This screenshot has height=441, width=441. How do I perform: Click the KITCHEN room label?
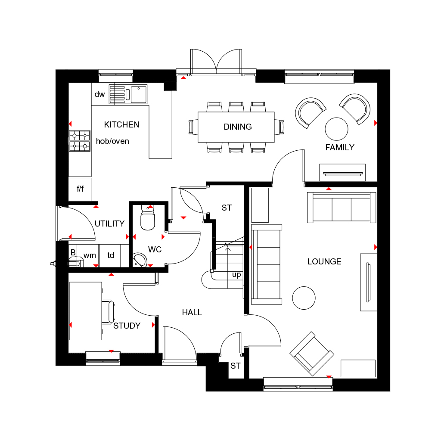(121, 125)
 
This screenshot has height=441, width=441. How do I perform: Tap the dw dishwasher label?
(99, 94)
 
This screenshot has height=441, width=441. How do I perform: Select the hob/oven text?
(112, 141)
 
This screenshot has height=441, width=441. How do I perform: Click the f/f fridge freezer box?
(80, 189)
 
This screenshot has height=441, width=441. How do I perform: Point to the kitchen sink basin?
(139, 94)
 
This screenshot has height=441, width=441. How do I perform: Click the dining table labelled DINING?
(236, 127)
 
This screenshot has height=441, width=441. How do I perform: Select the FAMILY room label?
(339, 148)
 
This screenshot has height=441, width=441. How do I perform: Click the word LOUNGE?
(324, 262)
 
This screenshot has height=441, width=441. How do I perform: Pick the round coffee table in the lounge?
(304, 298)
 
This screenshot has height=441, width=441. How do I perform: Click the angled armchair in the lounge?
(312, 353)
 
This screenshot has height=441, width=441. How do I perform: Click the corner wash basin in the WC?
(140, 259)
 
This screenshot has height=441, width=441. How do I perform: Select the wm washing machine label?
(90, 255)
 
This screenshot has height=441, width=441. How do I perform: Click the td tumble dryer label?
(111, 255)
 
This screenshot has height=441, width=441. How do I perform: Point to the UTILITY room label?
(109, 224)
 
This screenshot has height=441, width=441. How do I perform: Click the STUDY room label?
(127, 326)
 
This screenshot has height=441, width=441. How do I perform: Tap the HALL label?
(192, 313)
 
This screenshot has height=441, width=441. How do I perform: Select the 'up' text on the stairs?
(236, 275)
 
